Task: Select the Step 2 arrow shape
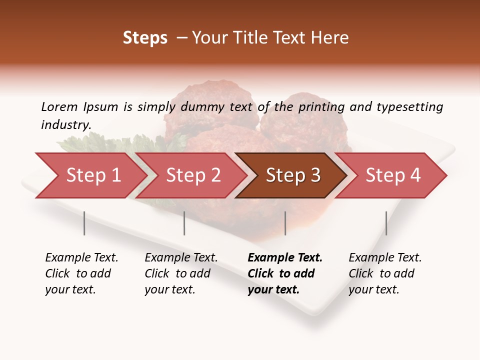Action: (x=193, y=175)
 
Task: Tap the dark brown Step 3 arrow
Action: (x=292, y=175)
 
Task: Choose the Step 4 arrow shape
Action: (x=393, y=175)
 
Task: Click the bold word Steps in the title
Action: (x=145, y=38)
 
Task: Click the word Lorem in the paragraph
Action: (x=59, y=107)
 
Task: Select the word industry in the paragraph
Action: (x=65, y=125)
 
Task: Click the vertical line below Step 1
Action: (x=84, y=223)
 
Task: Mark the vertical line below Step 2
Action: (x=184, y=223)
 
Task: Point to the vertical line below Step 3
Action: (x=285, y=223)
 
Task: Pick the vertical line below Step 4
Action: (x=386, y=223)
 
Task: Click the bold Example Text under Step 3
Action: (x=285, y=258)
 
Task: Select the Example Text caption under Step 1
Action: (x=81, y=258)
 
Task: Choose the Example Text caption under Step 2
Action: (x=181, y=258)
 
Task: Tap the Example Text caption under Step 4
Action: (x=385, y=258)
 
